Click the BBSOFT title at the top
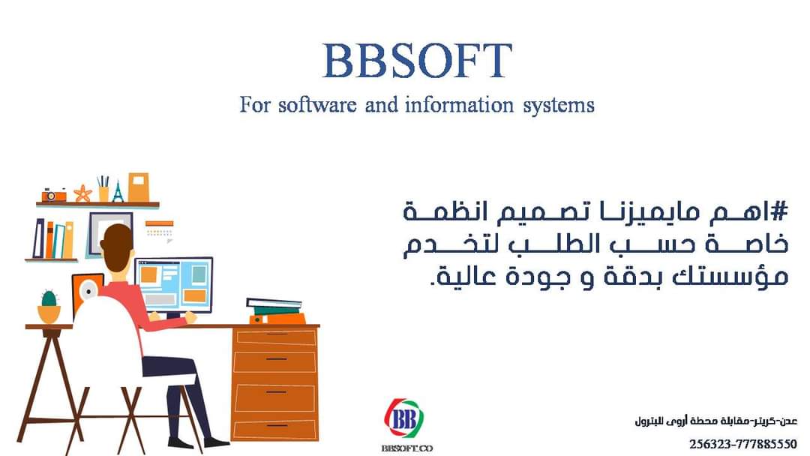click(417, 61)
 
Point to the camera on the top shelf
click(54, 194)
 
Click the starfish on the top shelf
click(82, 193)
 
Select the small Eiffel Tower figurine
click(117, 190)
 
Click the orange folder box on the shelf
click(139, 187)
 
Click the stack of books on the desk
click(274, 310)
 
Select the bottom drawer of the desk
click(275, 427)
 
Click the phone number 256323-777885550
click(742, 444)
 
